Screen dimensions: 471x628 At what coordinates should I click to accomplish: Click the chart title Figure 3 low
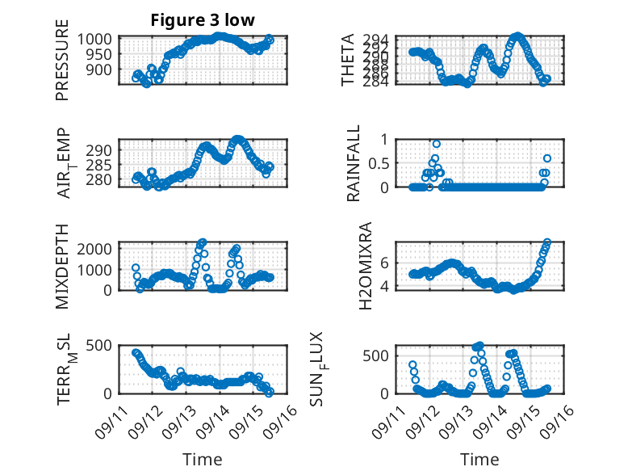pos(203,21)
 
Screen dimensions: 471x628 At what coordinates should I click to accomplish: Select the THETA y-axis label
pos(347,60)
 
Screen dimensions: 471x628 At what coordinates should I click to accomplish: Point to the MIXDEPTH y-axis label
pos(62,267)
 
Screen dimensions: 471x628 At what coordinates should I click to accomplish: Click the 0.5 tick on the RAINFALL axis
pos(377,162)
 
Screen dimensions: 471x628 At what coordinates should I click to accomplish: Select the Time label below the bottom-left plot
pos(202,460)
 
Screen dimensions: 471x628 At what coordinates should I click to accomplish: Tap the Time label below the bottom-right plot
pos(479,460)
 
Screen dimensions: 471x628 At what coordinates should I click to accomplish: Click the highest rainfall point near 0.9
pos(436,144)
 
